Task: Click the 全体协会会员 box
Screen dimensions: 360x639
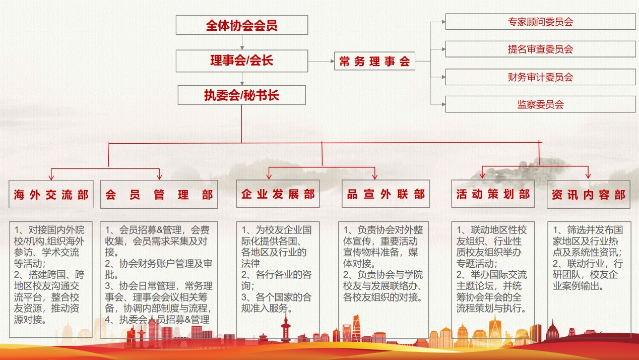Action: point(241,25)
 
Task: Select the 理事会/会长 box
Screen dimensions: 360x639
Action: point(241,61)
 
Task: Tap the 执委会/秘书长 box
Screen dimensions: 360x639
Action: point(241,95)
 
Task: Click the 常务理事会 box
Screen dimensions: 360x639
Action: point(374,62)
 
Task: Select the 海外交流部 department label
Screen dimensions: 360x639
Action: point(51,195)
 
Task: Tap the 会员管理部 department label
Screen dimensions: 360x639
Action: point(159,195)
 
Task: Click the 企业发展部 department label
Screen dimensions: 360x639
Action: point(278,194)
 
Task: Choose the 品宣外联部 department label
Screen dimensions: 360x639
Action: point(386,194)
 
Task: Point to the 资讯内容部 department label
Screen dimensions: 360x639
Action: point(588,194)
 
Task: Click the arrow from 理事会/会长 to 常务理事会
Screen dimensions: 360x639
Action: point(321,62)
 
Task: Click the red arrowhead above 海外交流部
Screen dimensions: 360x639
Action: point(51,176)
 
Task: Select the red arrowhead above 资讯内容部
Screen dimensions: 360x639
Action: point(588,175)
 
